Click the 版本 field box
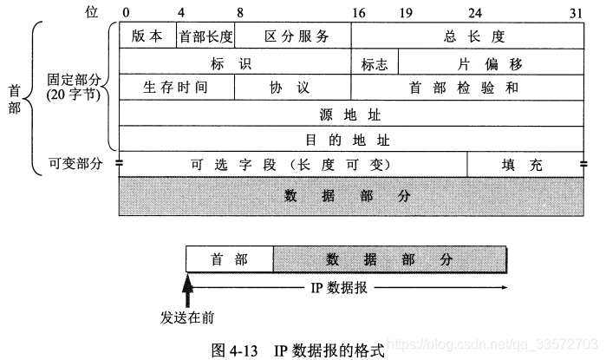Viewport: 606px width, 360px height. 147,36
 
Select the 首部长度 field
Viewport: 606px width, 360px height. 205,36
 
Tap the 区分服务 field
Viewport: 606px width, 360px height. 293,36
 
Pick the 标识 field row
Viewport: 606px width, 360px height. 234,62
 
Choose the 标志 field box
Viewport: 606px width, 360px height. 375,62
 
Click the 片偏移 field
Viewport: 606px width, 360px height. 492,62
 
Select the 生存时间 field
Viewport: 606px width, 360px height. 176,88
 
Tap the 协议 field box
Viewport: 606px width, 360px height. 292,88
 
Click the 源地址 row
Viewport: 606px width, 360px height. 351,114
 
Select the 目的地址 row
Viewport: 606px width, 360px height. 351,139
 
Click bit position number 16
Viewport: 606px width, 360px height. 356,12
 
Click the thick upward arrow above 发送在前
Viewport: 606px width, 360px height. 186,287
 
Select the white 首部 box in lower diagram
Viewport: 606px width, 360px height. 230,259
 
